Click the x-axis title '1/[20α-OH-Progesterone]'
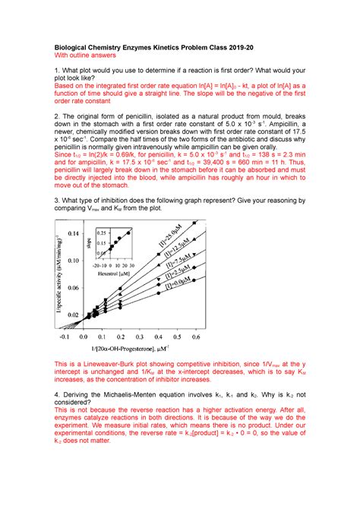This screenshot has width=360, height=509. (131, 347)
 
